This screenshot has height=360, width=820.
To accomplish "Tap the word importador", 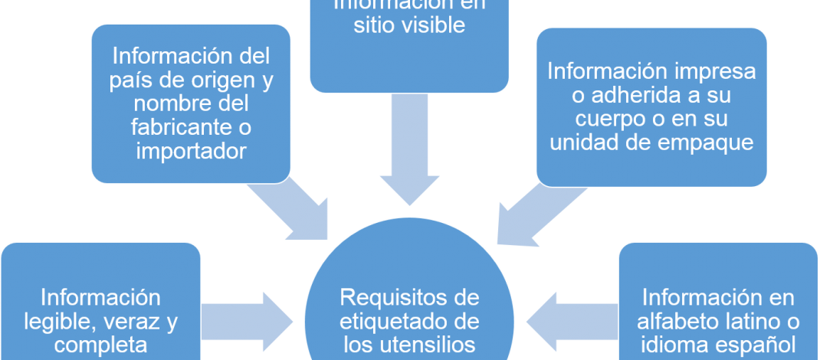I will click(x=191, y=151).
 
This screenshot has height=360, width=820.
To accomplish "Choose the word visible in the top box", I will click(x=431, y=25).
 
